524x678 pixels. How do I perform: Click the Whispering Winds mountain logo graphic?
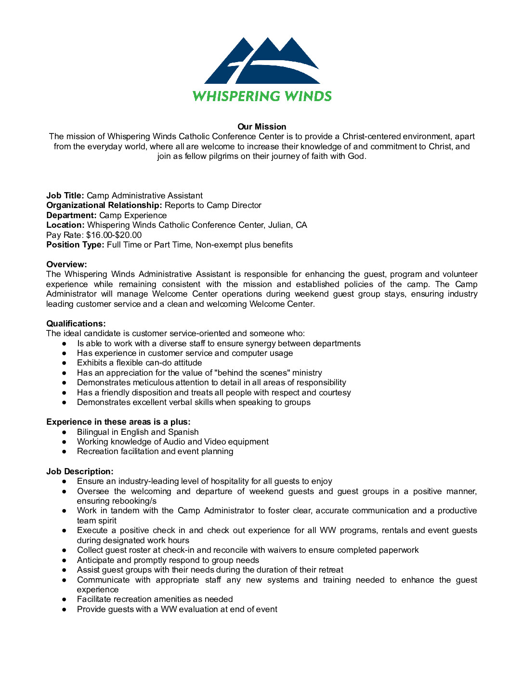click(x=262, y=61)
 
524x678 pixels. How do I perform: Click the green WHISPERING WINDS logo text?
click(x=262, y=96)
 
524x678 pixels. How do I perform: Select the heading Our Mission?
click(x=262, y=127)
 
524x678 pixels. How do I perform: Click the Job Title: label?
click(x=65, y=196)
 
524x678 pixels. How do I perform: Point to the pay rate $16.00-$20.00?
click(x=114, y=235)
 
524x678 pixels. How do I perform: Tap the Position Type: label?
click(x=75, y=245)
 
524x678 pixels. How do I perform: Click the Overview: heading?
click(x=66, y=264)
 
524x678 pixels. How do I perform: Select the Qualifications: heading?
click(x=76, y=324)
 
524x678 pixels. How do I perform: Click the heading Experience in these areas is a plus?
click(x=118, y=422)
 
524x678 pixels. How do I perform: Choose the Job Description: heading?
click(x=80, y=471)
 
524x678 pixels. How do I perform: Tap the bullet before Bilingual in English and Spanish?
click(x=64, y=432)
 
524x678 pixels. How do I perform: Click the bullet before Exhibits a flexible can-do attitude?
click(x=64, y=363)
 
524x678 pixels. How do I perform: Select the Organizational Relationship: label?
click(x=104, y=205)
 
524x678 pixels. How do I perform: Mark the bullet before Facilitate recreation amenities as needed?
click(x=64, y=600)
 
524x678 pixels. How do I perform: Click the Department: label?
click(x=71, y=215)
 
